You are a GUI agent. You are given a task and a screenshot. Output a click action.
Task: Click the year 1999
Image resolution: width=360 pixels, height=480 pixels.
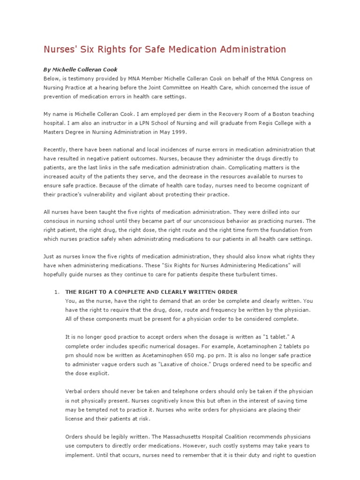pos(180,132)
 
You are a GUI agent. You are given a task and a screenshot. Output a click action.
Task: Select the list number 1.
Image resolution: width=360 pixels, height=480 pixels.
pos(56,292)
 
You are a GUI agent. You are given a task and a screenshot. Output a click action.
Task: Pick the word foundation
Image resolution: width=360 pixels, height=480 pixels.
pos(288,230)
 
